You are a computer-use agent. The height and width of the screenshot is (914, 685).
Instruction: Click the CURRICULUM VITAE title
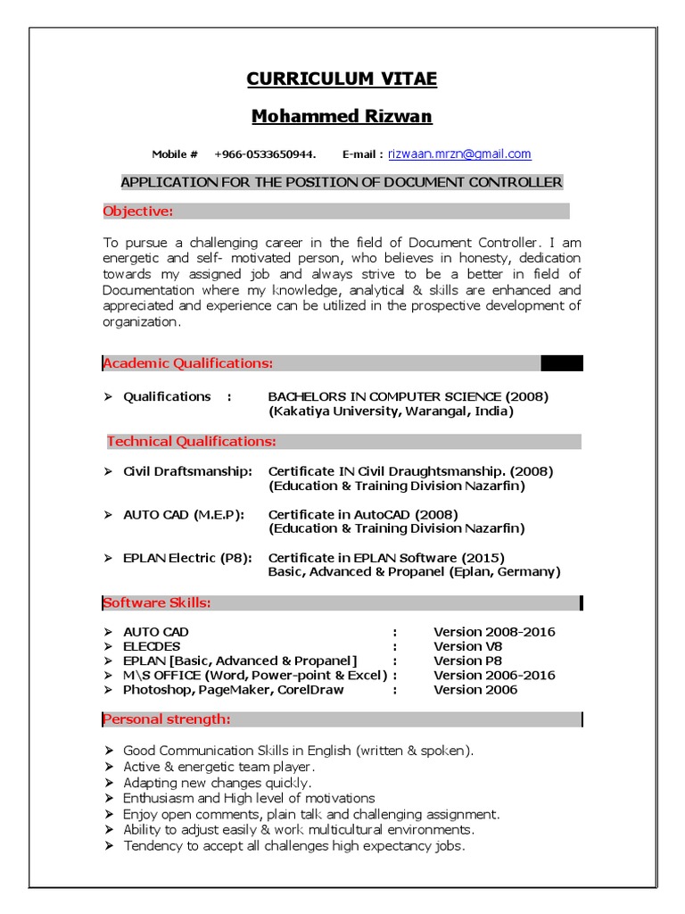[x=342, y=79]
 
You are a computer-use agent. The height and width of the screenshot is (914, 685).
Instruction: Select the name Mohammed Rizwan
[x=342, y=117]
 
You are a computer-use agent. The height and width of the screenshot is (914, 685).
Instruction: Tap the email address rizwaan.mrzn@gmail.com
[x=458, y=154]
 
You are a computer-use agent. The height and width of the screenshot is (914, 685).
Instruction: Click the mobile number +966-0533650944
[x=265, y=154]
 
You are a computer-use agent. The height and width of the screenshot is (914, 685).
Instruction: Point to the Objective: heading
[x=137, y=212]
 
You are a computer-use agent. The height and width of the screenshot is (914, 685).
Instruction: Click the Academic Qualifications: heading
[x=188, y=363]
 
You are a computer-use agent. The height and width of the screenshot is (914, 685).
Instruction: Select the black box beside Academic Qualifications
[x=561, y=362]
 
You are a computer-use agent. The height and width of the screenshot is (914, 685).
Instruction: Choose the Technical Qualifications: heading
[x=192, y=442]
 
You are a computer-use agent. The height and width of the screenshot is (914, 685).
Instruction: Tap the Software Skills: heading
[x=157, y=603]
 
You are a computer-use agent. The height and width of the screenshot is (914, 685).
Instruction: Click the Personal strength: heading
[x=167, y=719]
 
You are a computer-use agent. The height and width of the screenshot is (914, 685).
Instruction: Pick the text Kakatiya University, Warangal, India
[x=391, y=412]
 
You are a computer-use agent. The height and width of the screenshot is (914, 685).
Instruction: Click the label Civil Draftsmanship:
[x=187, y=471]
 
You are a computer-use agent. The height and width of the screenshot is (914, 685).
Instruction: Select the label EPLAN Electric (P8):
[x=187, y=559]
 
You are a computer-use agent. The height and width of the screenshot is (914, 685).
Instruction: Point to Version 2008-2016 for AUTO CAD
[x=494, y=632]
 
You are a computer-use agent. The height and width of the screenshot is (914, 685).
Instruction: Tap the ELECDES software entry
[x=152, y=646]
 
